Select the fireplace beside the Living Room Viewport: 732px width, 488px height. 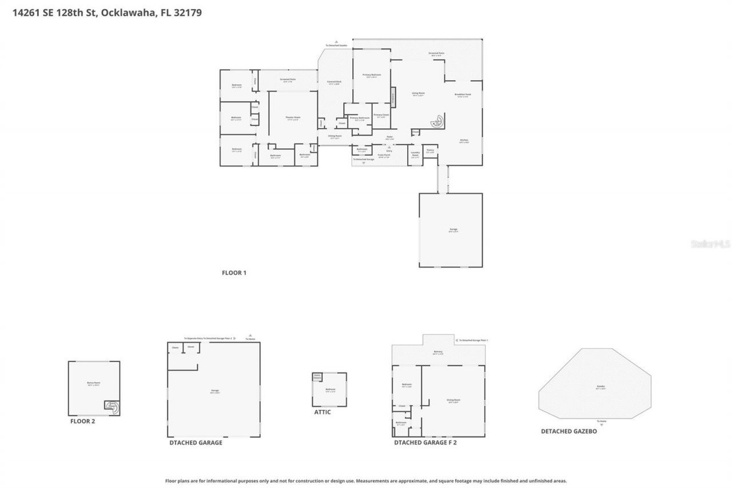(x=393, y=97)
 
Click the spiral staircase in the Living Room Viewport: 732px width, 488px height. (x=437, y=121)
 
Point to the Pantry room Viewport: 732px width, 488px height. (x=431, y=151)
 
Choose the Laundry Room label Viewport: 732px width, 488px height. (x=415, y=153)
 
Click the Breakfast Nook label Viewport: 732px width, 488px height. (x=462, y=96)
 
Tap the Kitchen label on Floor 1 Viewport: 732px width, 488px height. (x=464, y=141)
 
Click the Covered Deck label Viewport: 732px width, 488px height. (x=334, y=82)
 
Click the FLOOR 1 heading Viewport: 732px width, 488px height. (x=234, y=273)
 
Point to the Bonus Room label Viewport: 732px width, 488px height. (x=94, y=384)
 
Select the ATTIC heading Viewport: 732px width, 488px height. (x=322, y=412)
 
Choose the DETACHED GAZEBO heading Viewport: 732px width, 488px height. (x=568, y=431)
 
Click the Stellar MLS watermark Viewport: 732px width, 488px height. (x=710, y=244)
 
